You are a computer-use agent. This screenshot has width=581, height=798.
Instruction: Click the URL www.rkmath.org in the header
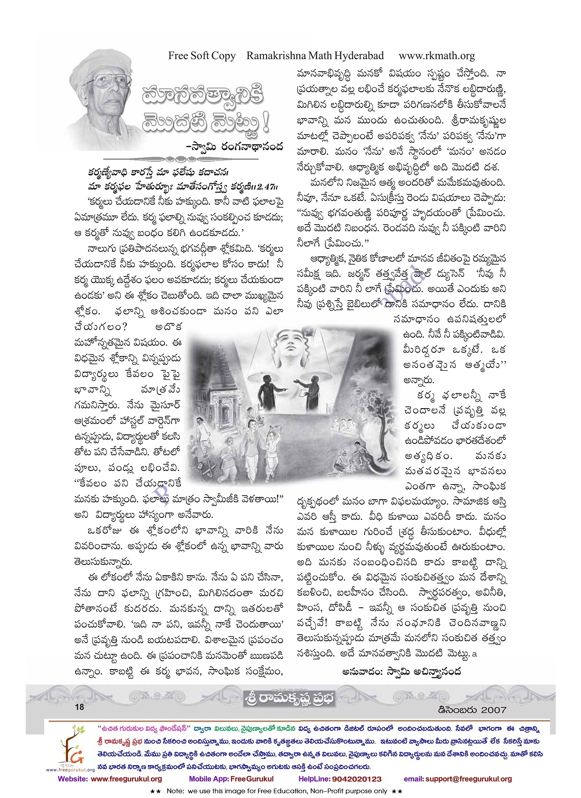(x=436, y=56)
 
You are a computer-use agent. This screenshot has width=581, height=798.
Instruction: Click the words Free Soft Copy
(x=201, y=56)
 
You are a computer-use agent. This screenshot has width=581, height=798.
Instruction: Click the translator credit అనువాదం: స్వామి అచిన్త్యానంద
(x=401, y=671)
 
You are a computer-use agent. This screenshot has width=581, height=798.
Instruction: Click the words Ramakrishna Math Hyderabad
(x=315, y=56)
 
